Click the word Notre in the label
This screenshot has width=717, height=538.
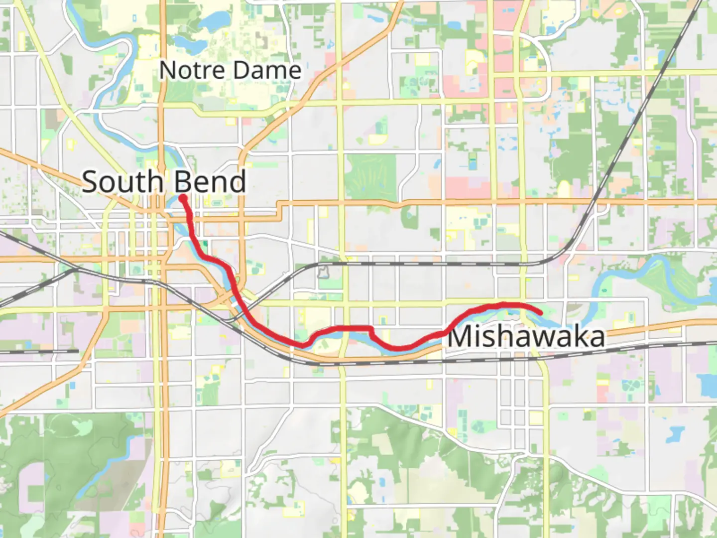click(x=192, y=70)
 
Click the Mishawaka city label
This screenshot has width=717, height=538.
click(x=526, y=337)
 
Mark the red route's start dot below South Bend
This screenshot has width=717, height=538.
click(x=183, y=198)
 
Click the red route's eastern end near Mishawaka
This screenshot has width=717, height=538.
click(x=540, y=313)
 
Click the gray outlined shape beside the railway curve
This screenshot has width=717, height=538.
click(x=323, y=272)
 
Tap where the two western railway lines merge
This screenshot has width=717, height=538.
click(x=75, y=269)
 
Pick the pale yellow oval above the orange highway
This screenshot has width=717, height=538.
click(x=564, y=189)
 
